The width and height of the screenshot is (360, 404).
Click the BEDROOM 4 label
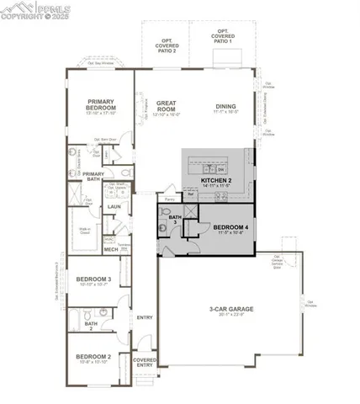[x=230, y=226]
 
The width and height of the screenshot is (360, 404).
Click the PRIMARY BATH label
[x=93, y=176]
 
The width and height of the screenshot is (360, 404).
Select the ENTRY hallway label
[x=144, y=317]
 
